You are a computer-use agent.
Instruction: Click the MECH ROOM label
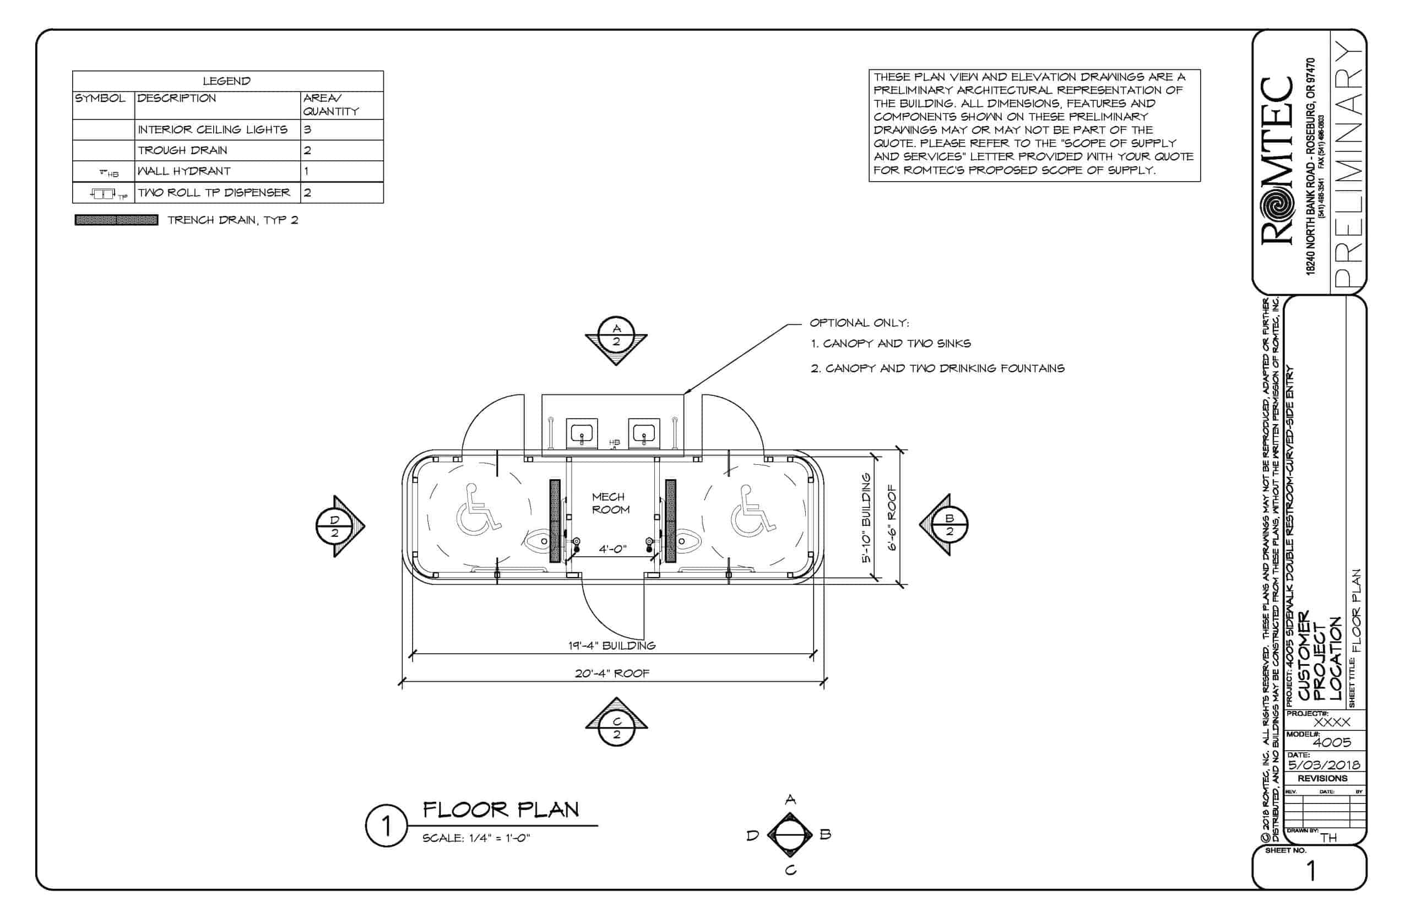tap(610, 503)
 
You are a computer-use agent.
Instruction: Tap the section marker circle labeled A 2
tap(616, 335)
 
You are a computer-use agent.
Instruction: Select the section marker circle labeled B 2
tap(950, 525)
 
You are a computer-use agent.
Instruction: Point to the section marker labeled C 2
tap(616, 728)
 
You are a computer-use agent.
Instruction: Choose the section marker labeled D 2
tap(334, 526)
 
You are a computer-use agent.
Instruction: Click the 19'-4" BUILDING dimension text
tap(612, 645)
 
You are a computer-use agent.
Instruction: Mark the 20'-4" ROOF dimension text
tap(612, 674)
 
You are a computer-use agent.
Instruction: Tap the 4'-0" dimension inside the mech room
tap(612, 549)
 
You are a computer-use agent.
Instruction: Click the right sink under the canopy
tap(643, 433)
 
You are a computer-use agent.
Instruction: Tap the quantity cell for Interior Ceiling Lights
tap(341, 129)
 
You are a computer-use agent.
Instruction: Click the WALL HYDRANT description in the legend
tap(184, 171)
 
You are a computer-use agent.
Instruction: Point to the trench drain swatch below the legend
tap(116, 220)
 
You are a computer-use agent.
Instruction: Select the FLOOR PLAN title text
tap(501, 810)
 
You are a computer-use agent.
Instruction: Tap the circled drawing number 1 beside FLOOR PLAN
tap(386, 826)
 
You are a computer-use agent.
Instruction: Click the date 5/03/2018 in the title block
tap(1324, 764)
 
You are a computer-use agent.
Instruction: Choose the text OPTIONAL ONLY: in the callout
tap(859, 323)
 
